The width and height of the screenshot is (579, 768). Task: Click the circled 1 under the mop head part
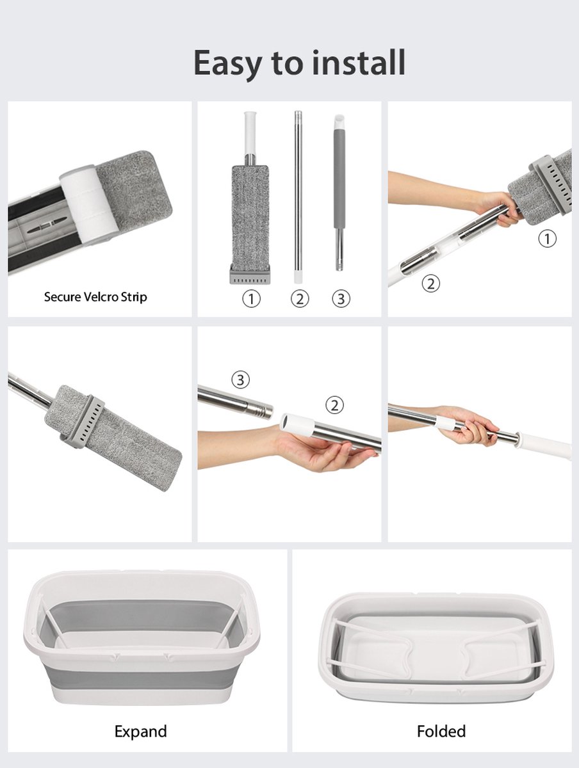click(x=251, y=299)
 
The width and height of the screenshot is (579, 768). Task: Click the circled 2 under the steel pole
click(x=300, y=299)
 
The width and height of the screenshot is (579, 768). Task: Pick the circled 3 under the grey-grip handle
click(x=341, y=299)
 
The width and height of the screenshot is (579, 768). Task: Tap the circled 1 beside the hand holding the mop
click(x=547, y=239)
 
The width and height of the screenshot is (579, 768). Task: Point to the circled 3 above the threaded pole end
click(x=240, y=380)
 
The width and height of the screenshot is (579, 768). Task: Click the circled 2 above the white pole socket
click(x=335, y=405)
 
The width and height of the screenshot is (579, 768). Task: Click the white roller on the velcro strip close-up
click(x=88, y=203)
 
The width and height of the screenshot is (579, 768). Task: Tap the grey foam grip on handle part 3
click(x=339, y=179)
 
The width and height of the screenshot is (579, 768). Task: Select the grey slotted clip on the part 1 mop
click(x=250, y=276)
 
